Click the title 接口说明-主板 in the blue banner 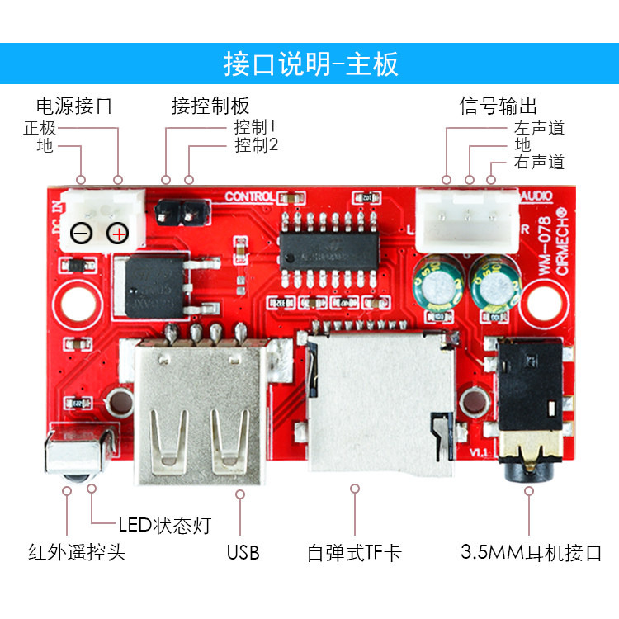310,64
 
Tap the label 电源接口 73,106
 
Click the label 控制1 254,128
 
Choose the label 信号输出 499,106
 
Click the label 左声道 539,128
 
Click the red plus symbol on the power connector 120,234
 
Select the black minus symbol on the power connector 82,234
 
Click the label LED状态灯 163,524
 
